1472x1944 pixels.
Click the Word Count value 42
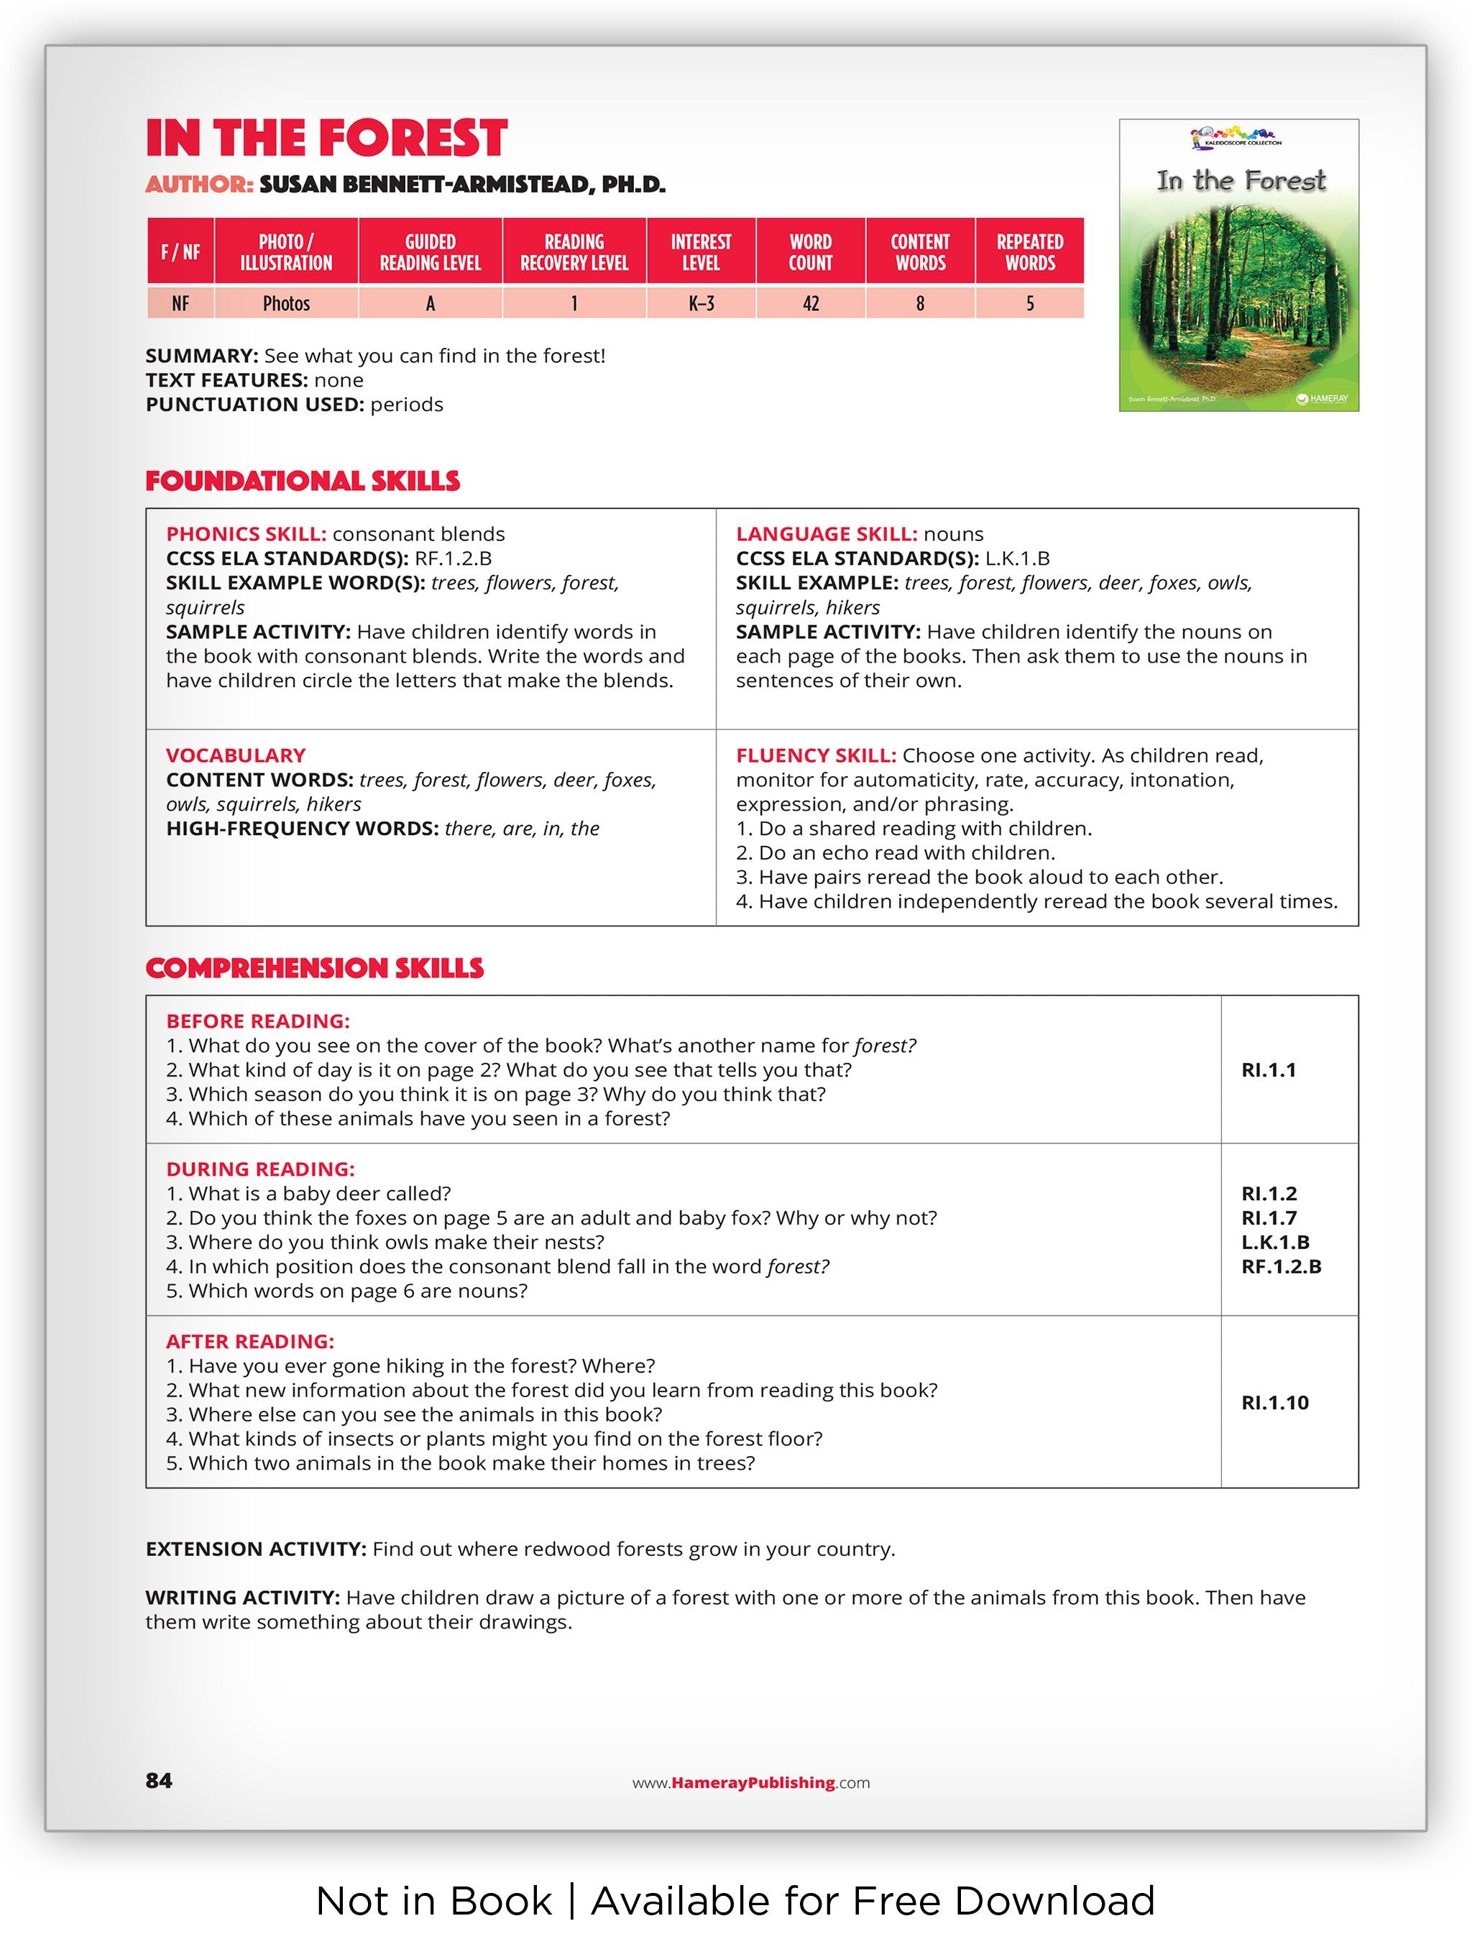click(x=810, y=303)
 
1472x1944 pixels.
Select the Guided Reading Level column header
click(x=430, y=252)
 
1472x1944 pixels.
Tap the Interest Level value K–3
click(x=700, y=303)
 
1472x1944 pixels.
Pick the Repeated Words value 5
click(x=1029, y=303)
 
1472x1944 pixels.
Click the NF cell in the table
click(x=180, y=303)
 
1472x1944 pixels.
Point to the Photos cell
click(x=287, y=303)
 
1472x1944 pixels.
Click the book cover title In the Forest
click(x=1240, y=181)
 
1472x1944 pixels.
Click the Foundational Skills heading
click(x=303, y=481)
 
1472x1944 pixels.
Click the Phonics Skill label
click(x=246, y=533)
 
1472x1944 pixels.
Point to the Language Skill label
click(x=826, y=533)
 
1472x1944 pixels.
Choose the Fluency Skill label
click(x=816, y=755)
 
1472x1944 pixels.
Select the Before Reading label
click(x=257, y=1021)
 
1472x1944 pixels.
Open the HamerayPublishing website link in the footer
click(x=751, y=1782)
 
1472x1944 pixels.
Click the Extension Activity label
click(x=256, y=1549)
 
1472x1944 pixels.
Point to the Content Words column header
click(x=919, y=252)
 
